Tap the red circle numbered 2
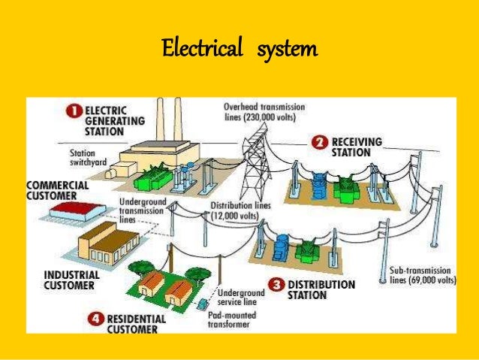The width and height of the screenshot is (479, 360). [x=319, y=142]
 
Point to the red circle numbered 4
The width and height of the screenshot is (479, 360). [x=95, y=319]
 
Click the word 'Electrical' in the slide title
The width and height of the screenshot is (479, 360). [x=198, y=51]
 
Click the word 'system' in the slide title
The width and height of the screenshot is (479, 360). [x=286, y=51]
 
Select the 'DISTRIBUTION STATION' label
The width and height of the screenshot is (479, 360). [x=321, y=290]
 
